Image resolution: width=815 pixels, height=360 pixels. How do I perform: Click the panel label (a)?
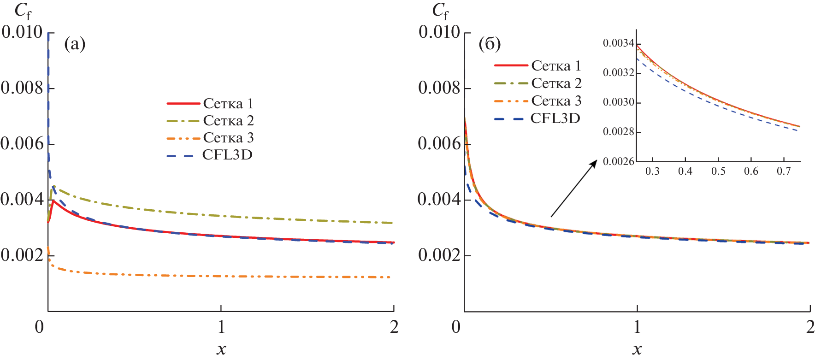coord(75,44)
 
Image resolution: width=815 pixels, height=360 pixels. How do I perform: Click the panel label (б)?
coord(490,44)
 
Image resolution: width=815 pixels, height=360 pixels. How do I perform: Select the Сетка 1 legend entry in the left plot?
coord(228,103)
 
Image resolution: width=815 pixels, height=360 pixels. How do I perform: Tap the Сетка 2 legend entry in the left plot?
coord(228,120)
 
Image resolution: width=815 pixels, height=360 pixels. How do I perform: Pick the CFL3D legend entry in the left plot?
coord(227,154)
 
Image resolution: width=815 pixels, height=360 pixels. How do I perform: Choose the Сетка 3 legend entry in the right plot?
coord(556,100)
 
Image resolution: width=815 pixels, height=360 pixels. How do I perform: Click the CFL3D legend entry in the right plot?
coord(555,118)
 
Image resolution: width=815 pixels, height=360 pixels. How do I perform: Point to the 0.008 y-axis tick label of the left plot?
coord(22,88)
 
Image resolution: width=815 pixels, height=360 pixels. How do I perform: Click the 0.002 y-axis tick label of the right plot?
coord(439,255)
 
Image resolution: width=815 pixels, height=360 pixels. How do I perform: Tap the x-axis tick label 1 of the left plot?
coord(221,327)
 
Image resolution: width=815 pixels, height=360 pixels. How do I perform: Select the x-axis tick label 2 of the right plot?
coord(810,327)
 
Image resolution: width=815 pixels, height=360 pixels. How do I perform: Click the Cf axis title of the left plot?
coord(22,11)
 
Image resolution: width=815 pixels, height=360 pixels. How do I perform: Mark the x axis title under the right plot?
coord(637,349)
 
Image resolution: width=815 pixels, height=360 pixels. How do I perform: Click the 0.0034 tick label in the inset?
coord(618,43)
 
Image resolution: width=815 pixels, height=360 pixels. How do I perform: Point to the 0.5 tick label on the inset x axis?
coord(718,171)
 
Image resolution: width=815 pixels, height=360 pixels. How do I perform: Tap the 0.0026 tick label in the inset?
coord(618,161)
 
